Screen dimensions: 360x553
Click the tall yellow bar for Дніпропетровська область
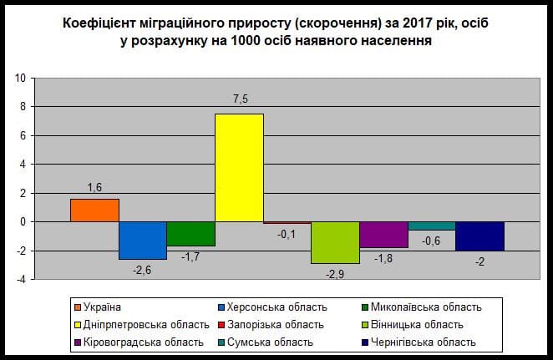(x=239, y=167)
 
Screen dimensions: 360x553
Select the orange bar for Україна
(x=94, y=210)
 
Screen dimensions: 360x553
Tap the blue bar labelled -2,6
(x=142, y=241)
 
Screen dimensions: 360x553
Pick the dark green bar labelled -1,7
(x=190, y=234)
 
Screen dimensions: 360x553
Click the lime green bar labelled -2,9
(x=335, y=242)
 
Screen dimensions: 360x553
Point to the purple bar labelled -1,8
(x=383, y=235)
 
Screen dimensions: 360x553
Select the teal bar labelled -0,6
(x=431, y=226)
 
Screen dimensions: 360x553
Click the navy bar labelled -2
(x=479, y=236)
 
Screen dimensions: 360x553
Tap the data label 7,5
(x=240, y=99)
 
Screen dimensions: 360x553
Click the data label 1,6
(x=94, y=185)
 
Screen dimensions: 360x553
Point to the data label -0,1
(x=287, y=234)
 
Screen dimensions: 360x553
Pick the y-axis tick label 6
(x=25, y=136)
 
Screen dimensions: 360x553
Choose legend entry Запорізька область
(x=272, y=324)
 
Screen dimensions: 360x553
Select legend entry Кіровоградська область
(x=135, y=342)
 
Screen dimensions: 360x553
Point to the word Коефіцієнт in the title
(x=99, y=23)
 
